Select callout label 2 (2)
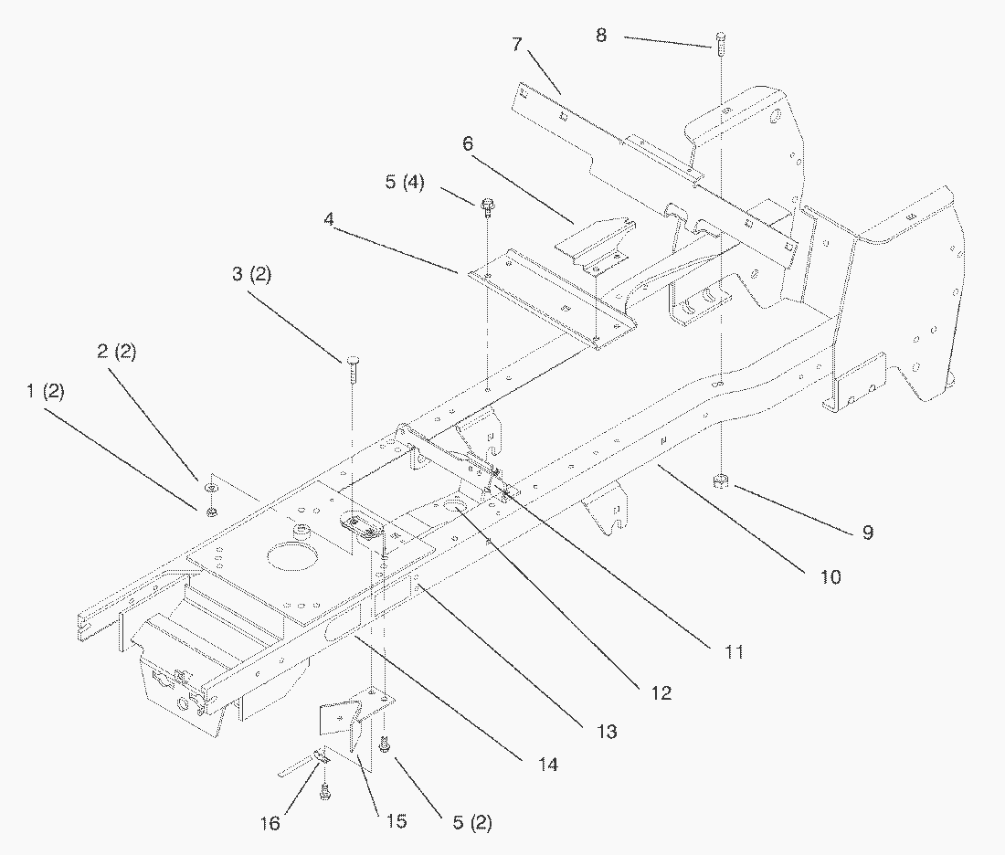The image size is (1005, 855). click(x=115, y=352)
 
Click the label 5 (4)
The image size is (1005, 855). click(x=404, y=182)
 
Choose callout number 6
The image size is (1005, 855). click(x=468, y=143)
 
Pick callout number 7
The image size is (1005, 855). click(x=517, y=44)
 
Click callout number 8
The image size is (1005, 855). click(x=600, y=36)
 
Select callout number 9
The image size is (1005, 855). click(x=867, y=532)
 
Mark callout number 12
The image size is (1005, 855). click(x=661, y=693)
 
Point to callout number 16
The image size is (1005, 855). click(x=270, y=824)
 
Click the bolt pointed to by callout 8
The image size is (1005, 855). click(x=720, y=40)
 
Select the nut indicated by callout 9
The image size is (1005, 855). click(x=720, y=480)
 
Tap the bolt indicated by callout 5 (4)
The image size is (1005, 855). click(x=486, y=205)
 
